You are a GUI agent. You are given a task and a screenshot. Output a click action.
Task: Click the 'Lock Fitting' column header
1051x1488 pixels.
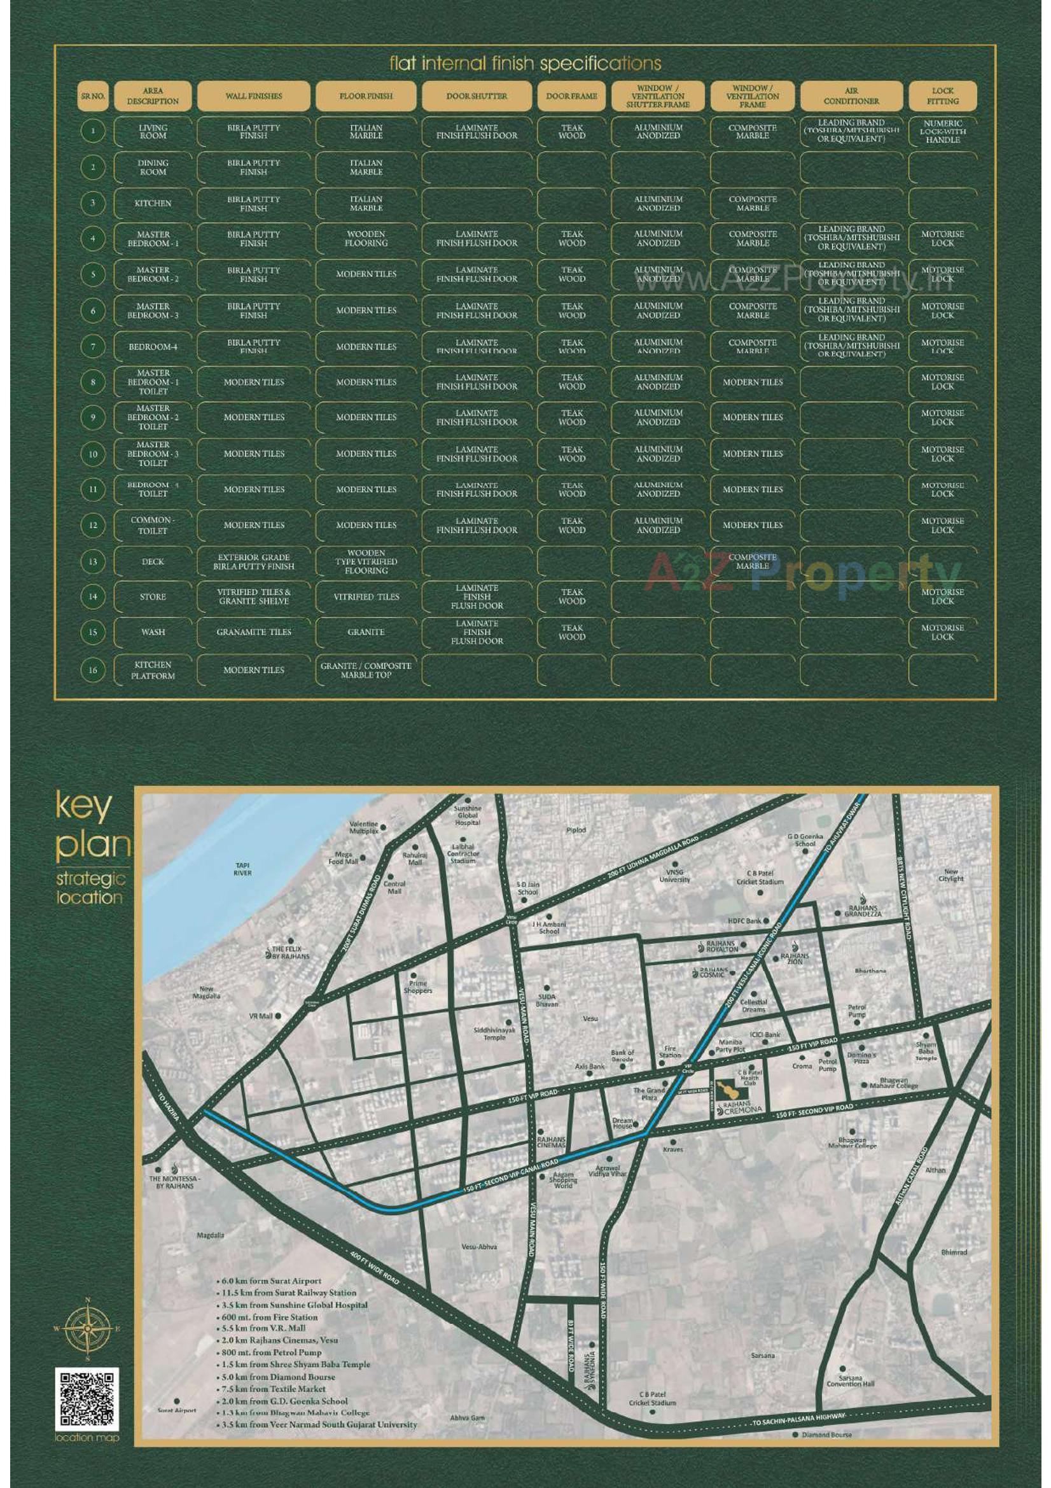(x=942, y=96)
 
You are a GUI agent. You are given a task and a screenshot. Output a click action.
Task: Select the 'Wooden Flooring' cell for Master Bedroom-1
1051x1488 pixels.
(x=366, y=239)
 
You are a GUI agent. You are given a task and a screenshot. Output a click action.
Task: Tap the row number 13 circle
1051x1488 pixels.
(x=93, y=561)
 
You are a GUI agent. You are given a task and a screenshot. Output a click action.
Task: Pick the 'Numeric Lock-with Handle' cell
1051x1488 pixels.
(x=942, y=131)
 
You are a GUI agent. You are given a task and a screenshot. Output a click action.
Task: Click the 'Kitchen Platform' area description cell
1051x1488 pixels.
(x=153, y=670)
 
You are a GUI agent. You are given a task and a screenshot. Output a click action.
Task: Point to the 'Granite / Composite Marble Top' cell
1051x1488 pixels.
(x=366, y=670)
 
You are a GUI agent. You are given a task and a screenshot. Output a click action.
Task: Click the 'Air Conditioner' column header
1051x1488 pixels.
(x=851, y=96)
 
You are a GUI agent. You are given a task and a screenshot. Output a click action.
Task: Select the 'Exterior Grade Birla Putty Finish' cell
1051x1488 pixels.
(x=253, y=561)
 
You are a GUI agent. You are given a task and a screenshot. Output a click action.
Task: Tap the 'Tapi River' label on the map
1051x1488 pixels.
(x=244, y=869)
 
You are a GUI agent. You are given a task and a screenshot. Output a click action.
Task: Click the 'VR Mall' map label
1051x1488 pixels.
(x=261, y=1016)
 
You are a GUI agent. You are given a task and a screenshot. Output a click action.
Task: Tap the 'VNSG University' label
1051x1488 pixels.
(x=674, y=876)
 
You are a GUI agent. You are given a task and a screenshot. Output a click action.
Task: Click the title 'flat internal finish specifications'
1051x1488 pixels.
(x=525, y=64)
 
